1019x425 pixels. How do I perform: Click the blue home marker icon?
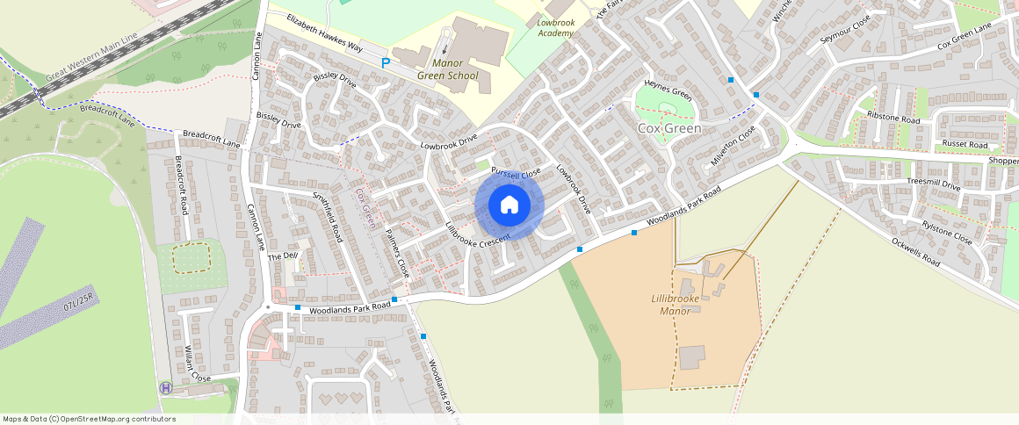coord(509,205)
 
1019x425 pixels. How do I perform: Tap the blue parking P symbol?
coord(386,63)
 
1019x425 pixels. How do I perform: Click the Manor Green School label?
coord(447,69)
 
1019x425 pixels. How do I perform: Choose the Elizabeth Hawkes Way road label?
coord(324,33)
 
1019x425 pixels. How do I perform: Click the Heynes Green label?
coord(668,90)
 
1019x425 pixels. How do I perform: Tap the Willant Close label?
coord(199,364)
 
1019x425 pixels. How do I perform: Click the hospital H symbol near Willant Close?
coord(165,387)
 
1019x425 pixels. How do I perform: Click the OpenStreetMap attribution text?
coord(89,419)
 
